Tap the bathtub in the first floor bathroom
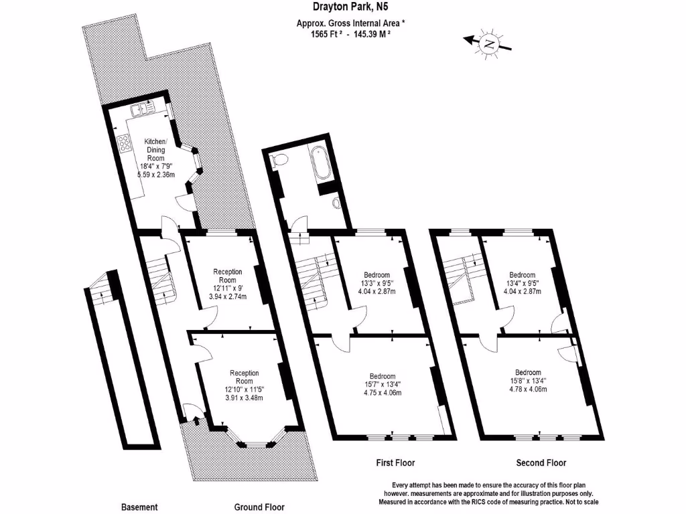coord(320,164)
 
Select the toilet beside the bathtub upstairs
coord(281,160)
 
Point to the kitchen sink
coord(143,107)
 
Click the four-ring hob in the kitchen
coord(125,143)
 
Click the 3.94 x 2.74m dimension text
coord(227,295)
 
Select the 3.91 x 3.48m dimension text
coord(244,398)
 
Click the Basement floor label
coord(139,507)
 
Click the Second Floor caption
coord(541,462)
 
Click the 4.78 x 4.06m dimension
coord(529,390)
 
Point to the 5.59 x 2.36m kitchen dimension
coord(155,175)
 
